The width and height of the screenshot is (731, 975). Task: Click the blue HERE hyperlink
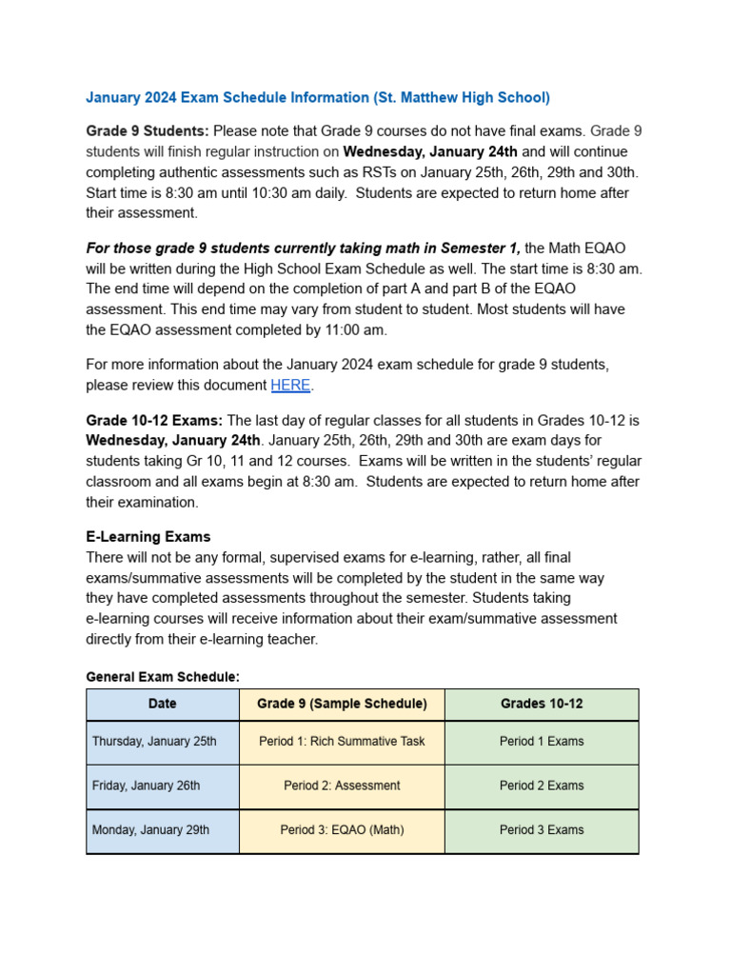(x=290, y=386)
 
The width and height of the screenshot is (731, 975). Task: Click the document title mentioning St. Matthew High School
(x=318, y=97)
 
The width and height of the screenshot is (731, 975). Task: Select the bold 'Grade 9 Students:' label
(x=148, y=130)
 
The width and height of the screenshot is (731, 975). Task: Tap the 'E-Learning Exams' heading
(x=148, y=537)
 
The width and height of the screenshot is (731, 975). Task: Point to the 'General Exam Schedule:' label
(x=163, y=677)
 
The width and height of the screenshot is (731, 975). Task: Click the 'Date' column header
(x=162, y=705)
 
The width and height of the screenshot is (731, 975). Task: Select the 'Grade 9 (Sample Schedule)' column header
(x=342, y=705)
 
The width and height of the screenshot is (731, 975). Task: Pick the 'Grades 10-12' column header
(x=542, y=705)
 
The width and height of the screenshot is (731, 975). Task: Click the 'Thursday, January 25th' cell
(x=154, y=742)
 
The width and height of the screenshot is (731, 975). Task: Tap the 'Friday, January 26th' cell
(x=146, y=786)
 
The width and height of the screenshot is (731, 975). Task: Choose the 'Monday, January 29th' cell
(x=150, y=830)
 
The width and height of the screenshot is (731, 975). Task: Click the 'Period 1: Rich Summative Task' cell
(x=342, y=742)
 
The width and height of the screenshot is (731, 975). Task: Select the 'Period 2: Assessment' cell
(x=342, y=786)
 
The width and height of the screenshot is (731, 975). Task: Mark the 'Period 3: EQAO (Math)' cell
(x=342, y=830)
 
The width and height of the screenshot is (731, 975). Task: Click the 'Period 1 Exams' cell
(x=542, y=742)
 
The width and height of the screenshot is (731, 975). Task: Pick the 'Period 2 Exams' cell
(x=542, y=786)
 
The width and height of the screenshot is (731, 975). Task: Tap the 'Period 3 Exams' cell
(x=542, y=830)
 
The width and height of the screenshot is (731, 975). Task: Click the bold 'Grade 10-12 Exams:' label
(x=155, y=420)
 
